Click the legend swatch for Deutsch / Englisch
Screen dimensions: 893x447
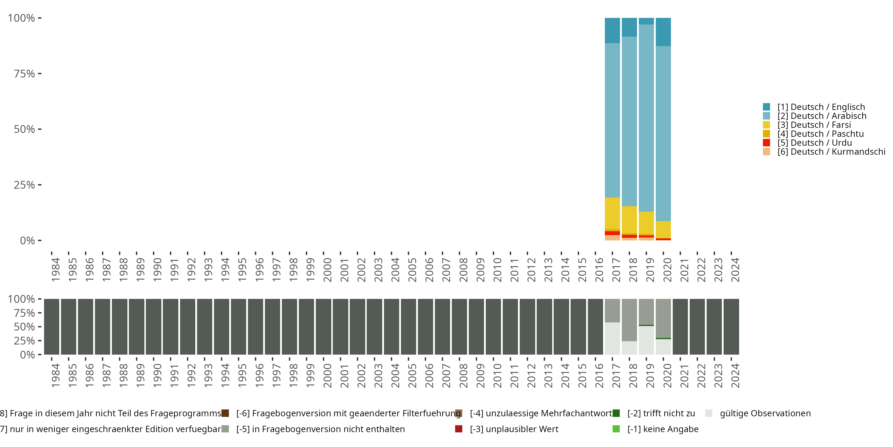coord(766,107)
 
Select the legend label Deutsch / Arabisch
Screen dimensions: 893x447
coord(822,116)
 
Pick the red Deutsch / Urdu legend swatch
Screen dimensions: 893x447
coord(766,143)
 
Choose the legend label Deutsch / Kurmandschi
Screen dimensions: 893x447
coord(831,152)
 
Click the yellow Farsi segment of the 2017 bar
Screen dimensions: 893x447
coord(612,213)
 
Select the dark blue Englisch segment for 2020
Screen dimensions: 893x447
coord(663,32)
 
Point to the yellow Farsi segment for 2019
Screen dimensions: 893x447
coord(646,223)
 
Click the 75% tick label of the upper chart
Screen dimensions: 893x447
coord(24,74)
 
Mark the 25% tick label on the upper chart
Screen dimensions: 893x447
coord(24,185)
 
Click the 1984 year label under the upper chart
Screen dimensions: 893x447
coord(55,270)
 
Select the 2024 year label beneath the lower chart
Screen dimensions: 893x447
coord(735,375)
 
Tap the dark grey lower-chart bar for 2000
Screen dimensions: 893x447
coord(324,327)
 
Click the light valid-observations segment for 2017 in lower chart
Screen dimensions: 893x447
coord(612,338)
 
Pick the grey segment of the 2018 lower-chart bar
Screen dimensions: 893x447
coord(629,320)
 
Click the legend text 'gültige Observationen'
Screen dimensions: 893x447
coord(765,413)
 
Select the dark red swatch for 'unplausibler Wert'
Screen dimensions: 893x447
coord(459,429)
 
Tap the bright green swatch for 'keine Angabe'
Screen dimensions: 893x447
coord(616,429)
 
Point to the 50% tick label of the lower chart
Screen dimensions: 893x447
coord(24,327)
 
